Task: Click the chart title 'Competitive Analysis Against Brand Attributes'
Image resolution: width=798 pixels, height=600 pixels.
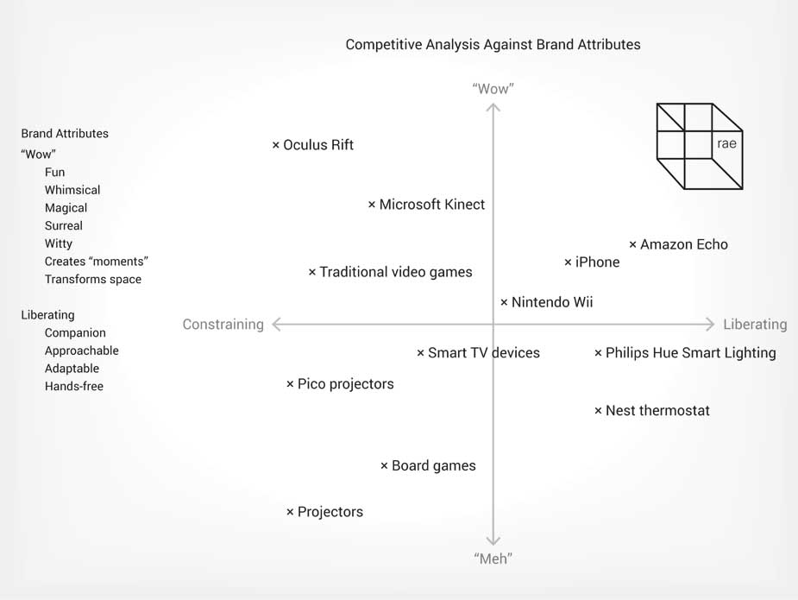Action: coord(493,44)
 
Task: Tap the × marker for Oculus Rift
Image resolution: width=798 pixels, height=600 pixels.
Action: coord(276,145)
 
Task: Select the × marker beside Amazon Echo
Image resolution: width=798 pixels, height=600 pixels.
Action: coord(632,245)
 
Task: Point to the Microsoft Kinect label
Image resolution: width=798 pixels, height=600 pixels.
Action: coord(431,205)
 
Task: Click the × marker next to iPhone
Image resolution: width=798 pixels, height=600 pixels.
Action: coord(568,262)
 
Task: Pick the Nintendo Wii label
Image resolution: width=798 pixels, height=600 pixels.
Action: coord(552,302)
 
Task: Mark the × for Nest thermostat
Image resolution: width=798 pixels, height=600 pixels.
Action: coord(598,411)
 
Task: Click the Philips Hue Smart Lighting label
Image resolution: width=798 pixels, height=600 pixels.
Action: coord(690,353)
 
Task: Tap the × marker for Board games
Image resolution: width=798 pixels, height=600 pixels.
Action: coord(384,466)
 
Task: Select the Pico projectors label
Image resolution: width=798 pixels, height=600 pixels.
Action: coord(345,384)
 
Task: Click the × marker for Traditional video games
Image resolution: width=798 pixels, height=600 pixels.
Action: coord(312,273)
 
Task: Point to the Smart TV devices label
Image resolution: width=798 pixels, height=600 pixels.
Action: coord(483,353)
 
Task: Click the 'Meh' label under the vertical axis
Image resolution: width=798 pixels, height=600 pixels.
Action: coord(493,559)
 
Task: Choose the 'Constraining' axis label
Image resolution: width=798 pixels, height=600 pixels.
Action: coord(223,325)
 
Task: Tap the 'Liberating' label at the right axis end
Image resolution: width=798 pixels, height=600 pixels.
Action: coord(755,325)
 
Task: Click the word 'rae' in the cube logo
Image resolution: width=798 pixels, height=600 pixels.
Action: coord(726,144)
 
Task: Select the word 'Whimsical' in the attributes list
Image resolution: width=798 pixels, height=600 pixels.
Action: coord(72,190)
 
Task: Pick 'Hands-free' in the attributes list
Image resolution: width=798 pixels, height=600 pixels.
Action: coord(74,387)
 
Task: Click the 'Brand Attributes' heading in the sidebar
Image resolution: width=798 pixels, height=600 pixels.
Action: coord(65,134)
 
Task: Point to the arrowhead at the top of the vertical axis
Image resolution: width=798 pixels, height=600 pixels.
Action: coord(493,108)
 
